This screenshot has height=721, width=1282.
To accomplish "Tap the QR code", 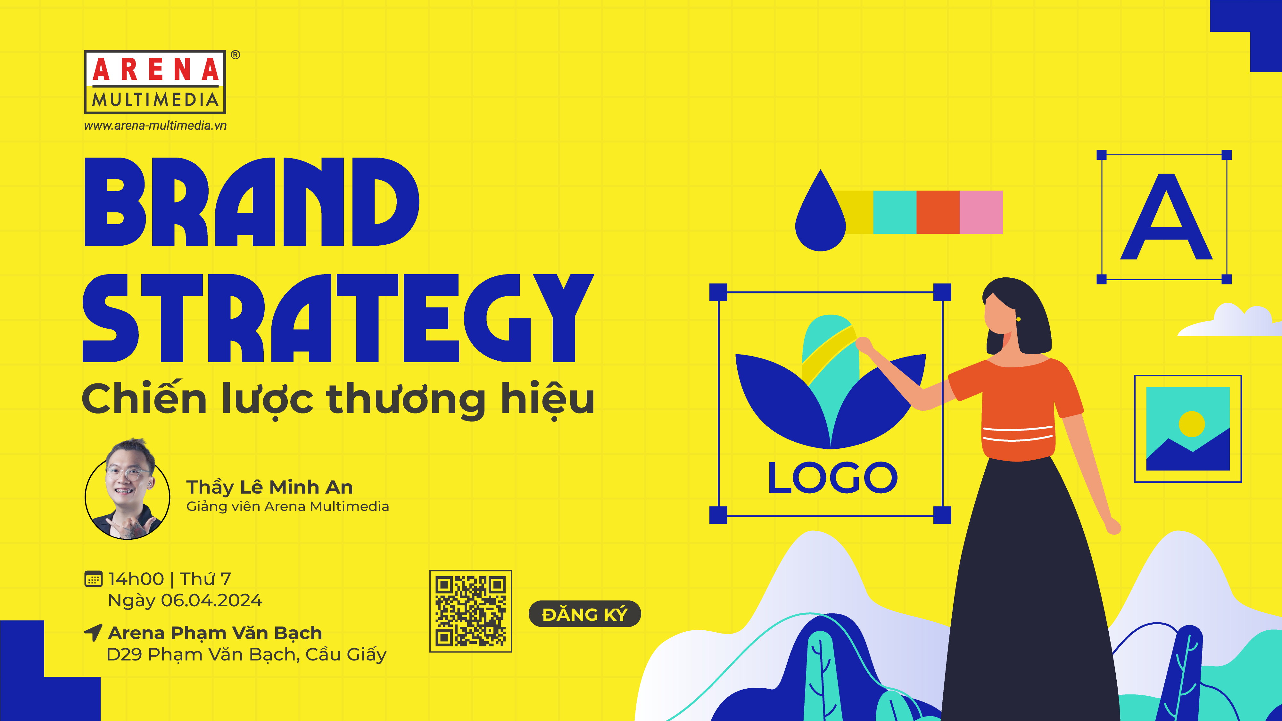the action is [470, 611].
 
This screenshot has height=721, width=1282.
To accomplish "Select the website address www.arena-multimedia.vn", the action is [155, 125].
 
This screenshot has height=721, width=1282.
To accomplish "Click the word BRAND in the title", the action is [252, 201].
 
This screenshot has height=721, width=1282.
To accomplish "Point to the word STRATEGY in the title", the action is [338, 318].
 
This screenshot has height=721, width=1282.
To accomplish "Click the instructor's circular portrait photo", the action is [128, 490].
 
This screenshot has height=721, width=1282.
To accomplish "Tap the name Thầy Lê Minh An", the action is [269, 487].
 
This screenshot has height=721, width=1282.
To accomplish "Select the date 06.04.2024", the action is [211, 600].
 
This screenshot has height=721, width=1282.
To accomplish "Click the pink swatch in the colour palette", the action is [981, 212].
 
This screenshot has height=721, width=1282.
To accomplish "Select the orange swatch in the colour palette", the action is [938, 212].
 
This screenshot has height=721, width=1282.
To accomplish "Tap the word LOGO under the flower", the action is [833, 478].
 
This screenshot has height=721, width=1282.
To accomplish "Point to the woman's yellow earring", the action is [1018, 319].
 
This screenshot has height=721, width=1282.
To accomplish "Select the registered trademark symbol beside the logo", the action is [236, 55].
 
